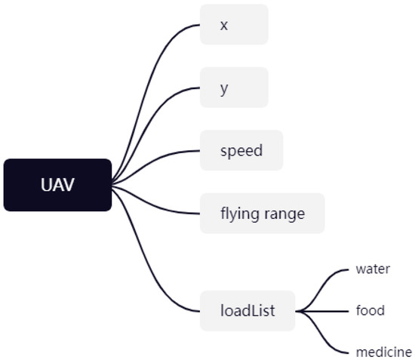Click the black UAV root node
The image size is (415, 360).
click(x=57, y=185)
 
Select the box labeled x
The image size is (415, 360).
click(x=234, y=25)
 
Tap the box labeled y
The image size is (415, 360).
click(x=234, y=88)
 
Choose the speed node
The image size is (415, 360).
click(x=241, y=150)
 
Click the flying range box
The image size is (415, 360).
click(x=262, y=214)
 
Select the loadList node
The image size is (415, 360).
click(x=247, y=310)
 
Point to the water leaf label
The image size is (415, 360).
click(x=373, y=269)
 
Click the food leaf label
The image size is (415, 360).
click(x=370, y=310)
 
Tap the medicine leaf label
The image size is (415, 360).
click(x=383, y=352)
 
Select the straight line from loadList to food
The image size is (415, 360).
click(x=324, y=310)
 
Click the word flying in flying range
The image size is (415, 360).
click(x=239, y=214)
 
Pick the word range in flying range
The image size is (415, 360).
click(x=284, y=214)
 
